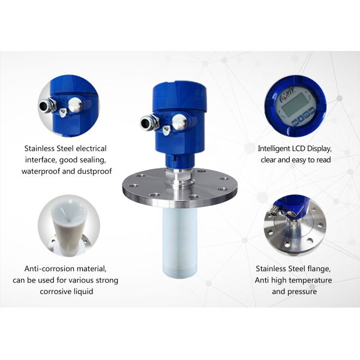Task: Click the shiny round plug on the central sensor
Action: point(179,122)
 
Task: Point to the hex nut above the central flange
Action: point(179,175)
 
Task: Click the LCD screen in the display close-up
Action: point(292,104)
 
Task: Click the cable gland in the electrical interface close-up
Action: point(47,105)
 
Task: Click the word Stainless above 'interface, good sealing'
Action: point(43,148)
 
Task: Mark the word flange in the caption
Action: point(318,269)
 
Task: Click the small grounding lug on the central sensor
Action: point(167,130)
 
